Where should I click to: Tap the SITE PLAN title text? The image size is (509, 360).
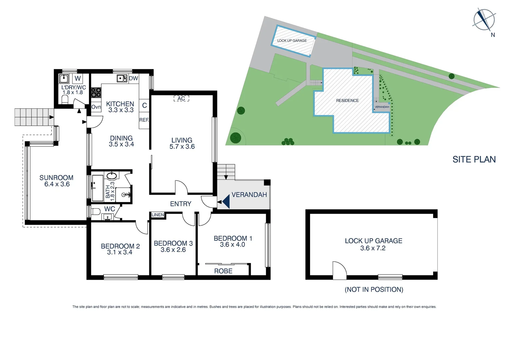tap(474, 160)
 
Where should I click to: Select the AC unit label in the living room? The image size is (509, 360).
tap(181, 99)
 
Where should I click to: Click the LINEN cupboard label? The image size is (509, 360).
tap(158, 215)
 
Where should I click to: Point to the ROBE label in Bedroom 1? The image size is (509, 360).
tap(223, 271)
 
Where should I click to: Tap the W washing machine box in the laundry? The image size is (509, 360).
tap(78, 79)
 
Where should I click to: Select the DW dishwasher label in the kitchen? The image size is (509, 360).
tap(133, 79)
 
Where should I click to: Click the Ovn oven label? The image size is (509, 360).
tap(96, 107)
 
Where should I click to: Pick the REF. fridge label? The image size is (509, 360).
tap(144, 120)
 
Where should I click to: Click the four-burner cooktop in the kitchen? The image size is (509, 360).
tap(96, 92)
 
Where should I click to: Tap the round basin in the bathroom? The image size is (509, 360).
tap(112, 176)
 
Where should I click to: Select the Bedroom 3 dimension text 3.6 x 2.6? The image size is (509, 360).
tap(173, 250)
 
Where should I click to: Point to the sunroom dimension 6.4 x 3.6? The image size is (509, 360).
tap(57, 184)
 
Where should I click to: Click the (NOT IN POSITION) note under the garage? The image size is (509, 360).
tap(374, 290)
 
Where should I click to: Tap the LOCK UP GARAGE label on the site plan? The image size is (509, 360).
tap(292, 41)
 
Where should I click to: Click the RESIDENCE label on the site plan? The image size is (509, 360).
tap(347, 101)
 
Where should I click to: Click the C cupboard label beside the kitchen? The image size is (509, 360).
tap(144, 106)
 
